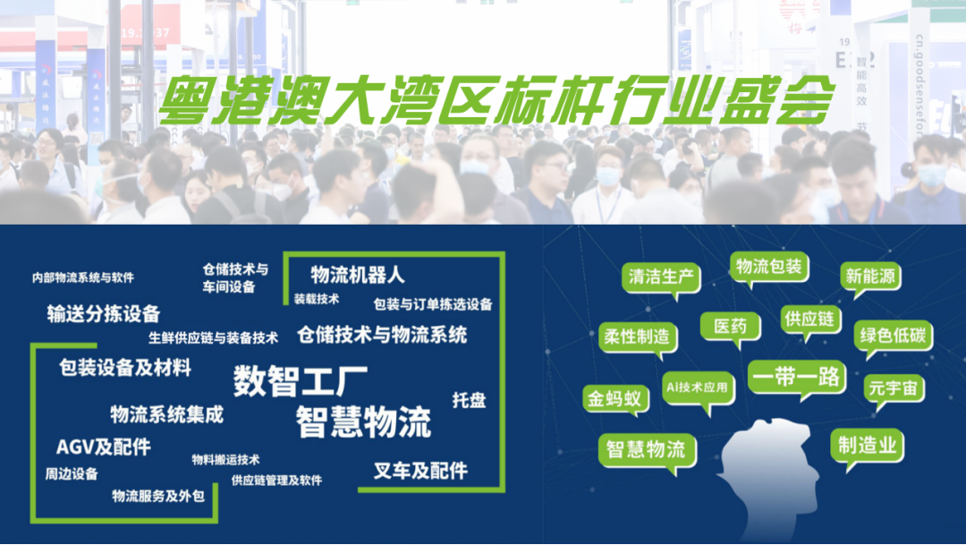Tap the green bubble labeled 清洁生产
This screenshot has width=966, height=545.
pyautogui.click(x=662, y=277)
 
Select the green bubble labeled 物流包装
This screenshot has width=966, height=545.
pyautogui.click(x=768, y=267)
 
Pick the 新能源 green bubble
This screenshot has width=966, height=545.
pyautogui.click(x=869, y=277)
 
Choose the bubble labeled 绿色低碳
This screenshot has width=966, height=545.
pyautogui.click(x=893, y=336)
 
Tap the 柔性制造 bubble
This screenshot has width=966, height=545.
pyautogui.click(x=637, y=337)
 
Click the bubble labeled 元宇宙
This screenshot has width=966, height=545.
pyautogui.click(x=894, y=389)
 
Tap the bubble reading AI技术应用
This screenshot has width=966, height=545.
pyautogui.click(x=699, y=387)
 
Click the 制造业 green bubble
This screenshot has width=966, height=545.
pyautogui.click(x=867, y=445)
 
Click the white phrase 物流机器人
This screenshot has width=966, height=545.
pyautogui.click(x=358, y=274)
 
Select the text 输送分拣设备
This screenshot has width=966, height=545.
pyautogui.click(x=104, y=313)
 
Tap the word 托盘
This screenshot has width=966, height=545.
pyautogui.click(x=469, y=400)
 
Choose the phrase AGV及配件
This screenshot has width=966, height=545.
pyautogui.click(x=104, y=447)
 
